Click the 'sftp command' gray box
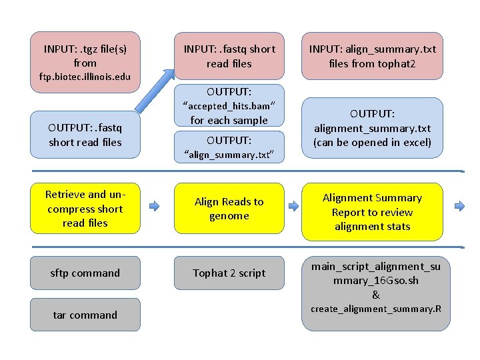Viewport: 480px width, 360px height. [85, 273]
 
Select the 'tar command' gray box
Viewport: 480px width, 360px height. [85, 315]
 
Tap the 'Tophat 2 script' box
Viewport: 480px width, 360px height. [229, 273]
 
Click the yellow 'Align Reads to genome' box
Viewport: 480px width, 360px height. [229, 209]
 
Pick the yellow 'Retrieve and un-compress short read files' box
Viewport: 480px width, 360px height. [85, 209]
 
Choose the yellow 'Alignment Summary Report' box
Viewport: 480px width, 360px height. [372, 212]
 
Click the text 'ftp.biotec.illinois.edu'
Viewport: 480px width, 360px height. [85, 77]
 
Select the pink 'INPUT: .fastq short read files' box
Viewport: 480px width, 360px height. [229, 55]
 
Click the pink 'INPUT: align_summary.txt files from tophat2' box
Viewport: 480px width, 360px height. [372, 55]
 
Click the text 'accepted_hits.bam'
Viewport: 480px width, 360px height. [229, 106]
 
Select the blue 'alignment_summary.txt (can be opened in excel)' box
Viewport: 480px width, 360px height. [372, 128]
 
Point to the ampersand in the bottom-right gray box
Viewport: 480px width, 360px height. [376, 295]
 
